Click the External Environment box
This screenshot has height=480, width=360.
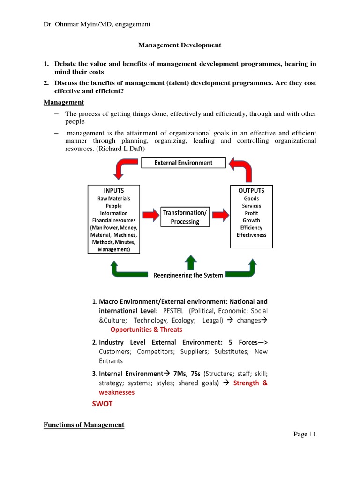pyautogui.click(x=184, y=163)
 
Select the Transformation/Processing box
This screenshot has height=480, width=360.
pyautogui.click(x=185, y=217)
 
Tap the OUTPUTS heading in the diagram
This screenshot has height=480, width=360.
pyautogui.click(x=251, y=191)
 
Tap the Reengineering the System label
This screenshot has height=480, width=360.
pyautogui.click(x=188, y=275)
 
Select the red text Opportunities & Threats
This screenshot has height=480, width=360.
pyautogui.click(x=146, y=330)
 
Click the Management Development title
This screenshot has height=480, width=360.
pyautogui.click(x=179, y=45)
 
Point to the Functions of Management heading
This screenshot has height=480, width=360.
pyautogui.click(x=84, y=425)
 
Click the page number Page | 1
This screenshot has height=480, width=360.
pyautogui.click(x=305, y=435)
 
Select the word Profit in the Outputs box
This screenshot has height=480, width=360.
pyautogui.click(x=251, y=213)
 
